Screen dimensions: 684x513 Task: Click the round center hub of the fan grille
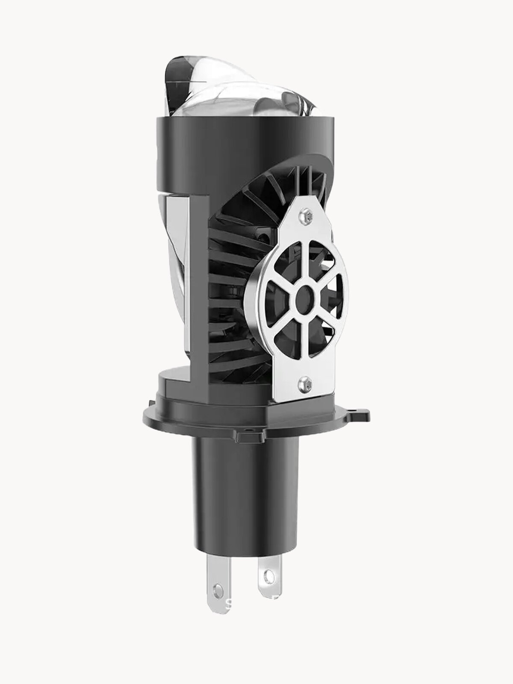click(x=304, y=295)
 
